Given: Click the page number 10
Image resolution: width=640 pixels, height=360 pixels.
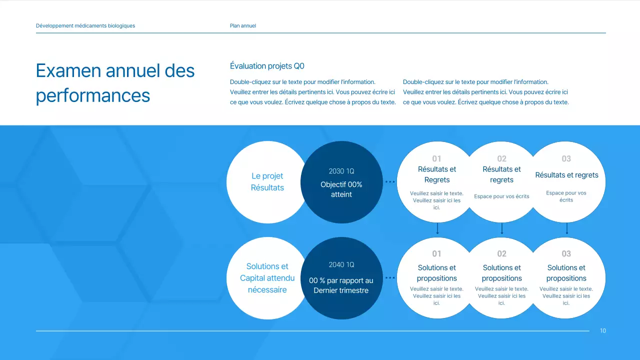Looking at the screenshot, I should (603, 330).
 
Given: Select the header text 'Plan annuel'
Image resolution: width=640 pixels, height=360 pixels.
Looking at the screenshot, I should (242, 25).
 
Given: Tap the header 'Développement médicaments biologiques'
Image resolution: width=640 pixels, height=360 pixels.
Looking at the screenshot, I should (85, 25).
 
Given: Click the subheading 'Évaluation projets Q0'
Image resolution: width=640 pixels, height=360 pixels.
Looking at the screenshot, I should (267, 66).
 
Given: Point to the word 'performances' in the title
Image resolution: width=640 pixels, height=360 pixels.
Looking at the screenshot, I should (93, 95).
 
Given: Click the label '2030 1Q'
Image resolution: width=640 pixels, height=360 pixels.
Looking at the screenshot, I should (341, 171).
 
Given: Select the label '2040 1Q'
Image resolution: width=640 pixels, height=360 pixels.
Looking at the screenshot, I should (341, 264).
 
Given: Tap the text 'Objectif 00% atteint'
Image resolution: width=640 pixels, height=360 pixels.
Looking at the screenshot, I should (341, 189).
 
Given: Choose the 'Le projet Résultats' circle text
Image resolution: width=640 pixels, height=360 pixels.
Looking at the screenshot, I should (267, 182).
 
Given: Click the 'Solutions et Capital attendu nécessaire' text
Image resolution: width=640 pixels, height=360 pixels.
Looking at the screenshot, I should (267, 278).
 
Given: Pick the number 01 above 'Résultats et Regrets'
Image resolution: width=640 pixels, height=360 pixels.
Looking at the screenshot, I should (436, 159).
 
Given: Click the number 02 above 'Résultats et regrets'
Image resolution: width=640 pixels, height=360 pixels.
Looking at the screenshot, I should (501, 159).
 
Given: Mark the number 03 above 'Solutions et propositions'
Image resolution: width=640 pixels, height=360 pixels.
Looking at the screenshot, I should (566, 254).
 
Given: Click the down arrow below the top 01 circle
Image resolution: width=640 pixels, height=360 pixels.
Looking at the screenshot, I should (437, 229).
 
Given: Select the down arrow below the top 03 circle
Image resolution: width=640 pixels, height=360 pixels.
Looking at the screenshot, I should (566, 229).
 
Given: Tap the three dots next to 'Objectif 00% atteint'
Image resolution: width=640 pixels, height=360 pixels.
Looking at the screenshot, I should (390, 182).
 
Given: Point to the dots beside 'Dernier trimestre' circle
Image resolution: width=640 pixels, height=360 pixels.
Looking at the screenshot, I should (390, 277).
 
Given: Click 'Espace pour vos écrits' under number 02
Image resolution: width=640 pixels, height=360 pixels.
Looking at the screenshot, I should (501, 196).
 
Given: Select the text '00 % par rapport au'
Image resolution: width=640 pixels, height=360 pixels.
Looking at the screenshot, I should (341, 280).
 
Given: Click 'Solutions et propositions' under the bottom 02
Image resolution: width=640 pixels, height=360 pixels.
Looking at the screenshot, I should (501, 273).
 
